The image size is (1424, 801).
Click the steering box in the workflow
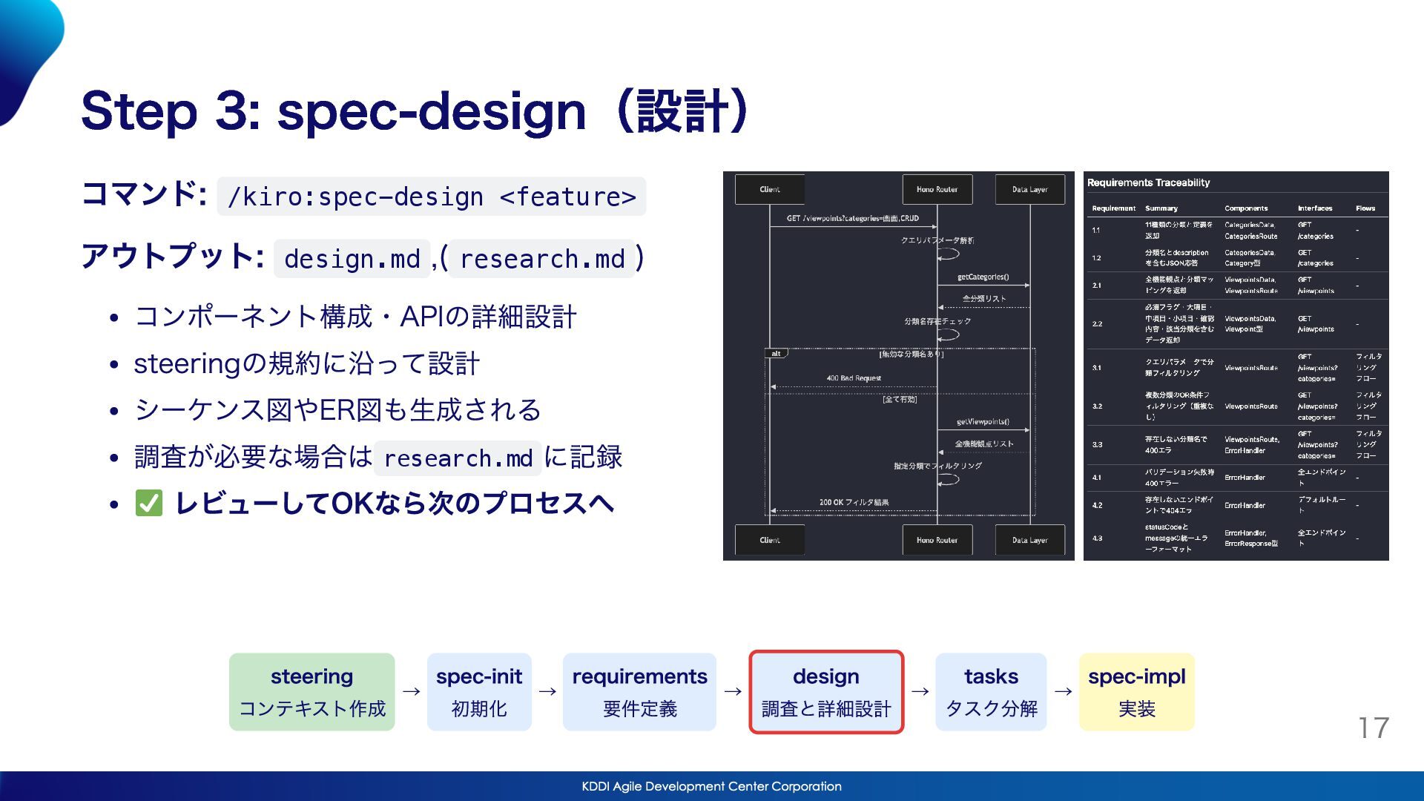point(311,692)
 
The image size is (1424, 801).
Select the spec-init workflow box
point(479,692)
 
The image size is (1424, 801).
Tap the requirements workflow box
point(639,692)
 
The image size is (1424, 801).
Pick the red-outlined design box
point(826,692)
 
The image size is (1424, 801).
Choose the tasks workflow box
point(991,692)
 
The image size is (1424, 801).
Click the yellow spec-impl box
point(1136,692)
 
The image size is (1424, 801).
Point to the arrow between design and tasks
point(920,691)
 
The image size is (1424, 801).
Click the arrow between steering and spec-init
point(412,691)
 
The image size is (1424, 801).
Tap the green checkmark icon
point(149,504)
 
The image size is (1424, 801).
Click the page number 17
point(1374,728)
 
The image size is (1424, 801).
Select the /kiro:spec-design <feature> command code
point(432,197)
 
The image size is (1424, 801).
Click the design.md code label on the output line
point(352,259)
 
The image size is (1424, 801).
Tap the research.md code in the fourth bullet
point(458,458)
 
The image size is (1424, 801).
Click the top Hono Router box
point(937,189)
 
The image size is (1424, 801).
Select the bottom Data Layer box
point(1029,540)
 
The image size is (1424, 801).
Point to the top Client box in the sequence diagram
point(770,189)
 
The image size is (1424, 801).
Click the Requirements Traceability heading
point(1148,182)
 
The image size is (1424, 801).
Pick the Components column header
point(1246,208)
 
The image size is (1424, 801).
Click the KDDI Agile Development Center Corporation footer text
point(711,786)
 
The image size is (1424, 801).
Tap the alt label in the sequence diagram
point(776,354)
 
